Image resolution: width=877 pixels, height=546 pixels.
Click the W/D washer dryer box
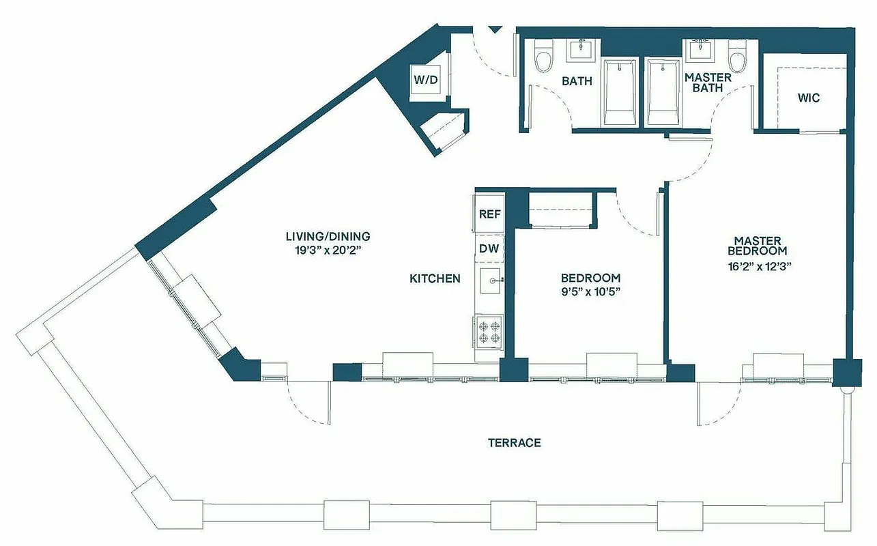tap(426, 80)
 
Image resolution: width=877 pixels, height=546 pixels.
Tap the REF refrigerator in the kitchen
tap(489, 214)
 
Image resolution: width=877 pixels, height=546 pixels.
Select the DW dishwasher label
tap(489, 248)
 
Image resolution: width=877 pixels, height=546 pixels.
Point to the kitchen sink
tap(489, 281)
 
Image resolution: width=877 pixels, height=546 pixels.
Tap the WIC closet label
tap(809, 98)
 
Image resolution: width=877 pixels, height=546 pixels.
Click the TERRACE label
tap(514, 443)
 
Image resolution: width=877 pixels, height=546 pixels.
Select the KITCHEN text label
tap(435, 278)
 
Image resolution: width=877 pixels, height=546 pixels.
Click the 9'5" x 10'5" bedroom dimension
tap(590, 291)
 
